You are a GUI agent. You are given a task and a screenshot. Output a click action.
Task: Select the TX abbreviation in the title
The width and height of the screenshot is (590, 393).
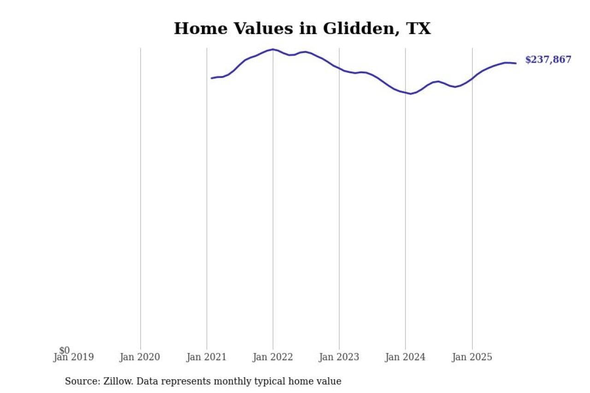pyautogui.click(x=418, y=29)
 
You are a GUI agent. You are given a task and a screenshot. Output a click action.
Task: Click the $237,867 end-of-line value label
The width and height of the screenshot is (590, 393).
pyautogui.click(x=548, y=59)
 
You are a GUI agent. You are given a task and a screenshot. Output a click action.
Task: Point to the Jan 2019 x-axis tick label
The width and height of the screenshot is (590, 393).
pyautogui.click(x=74, y=357)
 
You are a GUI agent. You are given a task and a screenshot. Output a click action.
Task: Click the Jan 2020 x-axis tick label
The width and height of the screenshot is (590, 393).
pyautogui.click(x=140, y=357)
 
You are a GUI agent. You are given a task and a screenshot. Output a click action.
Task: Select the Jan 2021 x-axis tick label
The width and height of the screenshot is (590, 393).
pyautogui.click(x=206, y=357)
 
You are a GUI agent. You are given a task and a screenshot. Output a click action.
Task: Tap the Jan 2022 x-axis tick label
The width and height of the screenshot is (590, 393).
pyautogui.click(x=273, y=357)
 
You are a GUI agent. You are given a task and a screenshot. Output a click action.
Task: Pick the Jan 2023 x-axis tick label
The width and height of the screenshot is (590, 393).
pyautogui.click(x=339, y=357)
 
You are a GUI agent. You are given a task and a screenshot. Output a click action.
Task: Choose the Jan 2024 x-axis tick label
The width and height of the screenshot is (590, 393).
pyautogui.click(x=406, y=357)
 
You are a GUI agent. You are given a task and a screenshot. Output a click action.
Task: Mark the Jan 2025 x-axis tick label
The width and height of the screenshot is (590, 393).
pyautogui.click(x=472, y=357)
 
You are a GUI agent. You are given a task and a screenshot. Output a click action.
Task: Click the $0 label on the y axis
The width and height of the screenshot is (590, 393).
pyautogui.click(x=65, y=350)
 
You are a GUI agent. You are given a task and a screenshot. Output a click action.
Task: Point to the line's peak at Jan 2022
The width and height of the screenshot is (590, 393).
pyautogui.click(x=273, y=49)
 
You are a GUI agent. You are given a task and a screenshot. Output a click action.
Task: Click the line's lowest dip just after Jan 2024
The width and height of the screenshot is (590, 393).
pyautogui.click(x=411, y=94)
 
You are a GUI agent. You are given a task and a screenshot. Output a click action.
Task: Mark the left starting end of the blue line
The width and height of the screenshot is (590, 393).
pyautogui.click(x=212, y=78)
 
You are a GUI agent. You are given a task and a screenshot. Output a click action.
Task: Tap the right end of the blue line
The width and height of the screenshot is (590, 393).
pyautogui.click(x=516, y=63)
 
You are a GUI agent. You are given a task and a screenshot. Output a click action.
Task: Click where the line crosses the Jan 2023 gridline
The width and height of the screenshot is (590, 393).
pyautogui.click(x=339, y=68)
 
